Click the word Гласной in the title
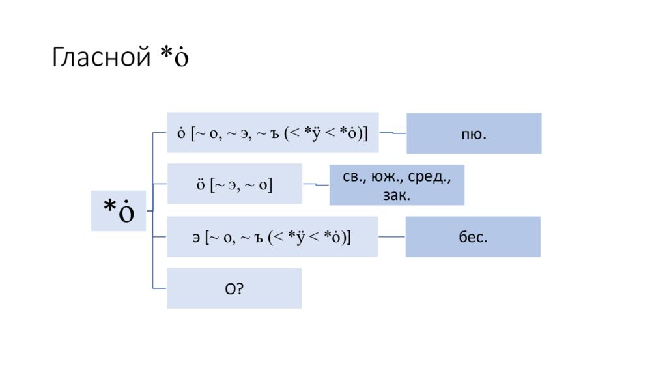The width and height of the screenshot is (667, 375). click(x=102, y=58)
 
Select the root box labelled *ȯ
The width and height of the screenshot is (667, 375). click(x=119, y=211)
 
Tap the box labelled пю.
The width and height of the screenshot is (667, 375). click(x=474, y=133)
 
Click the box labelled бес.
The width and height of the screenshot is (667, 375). click(x=473, y=237)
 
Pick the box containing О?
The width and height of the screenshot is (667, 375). click(x=234, y=288)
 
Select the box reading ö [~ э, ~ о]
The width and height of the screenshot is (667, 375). click(x=234, y=184)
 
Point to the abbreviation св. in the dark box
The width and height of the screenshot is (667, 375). click(x=355, y=176)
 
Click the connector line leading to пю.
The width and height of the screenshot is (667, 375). click(x=393, y=133)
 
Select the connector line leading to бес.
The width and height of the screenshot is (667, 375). click(x=391, y=237)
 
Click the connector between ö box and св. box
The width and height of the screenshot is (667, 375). click(x=316, y=185)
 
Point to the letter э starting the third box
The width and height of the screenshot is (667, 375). click(x=195, y=237)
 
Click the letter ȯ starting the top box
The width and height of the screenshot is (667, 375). click(x=180, y=133)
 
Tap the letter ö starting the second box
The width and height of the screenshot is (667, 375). click(x=201, y=185)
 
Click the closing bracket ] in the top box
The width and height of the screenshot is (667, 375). click(x=365, y=133)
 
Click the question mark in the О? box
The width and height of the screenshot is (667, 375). click(x=239, y=288)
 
